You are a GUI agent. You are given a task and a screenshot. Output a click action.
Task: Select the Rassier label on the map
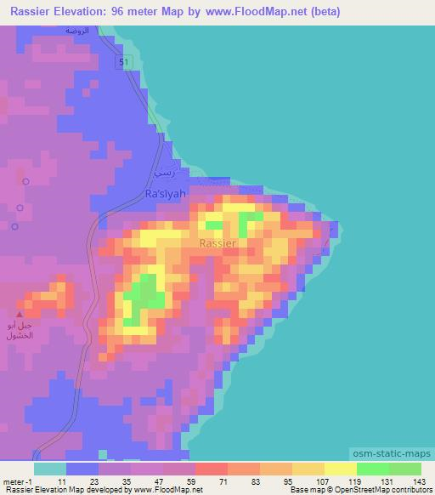point(218,243)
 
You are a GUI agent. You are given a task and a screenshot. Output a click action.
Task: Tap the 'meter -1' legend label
point(18,481)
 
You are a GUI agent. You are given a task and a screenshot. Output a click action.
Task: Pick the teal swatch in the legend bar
point(50,469)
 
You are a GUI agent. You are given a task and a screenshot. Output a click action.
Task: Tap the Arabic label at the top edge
point(82,30)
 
